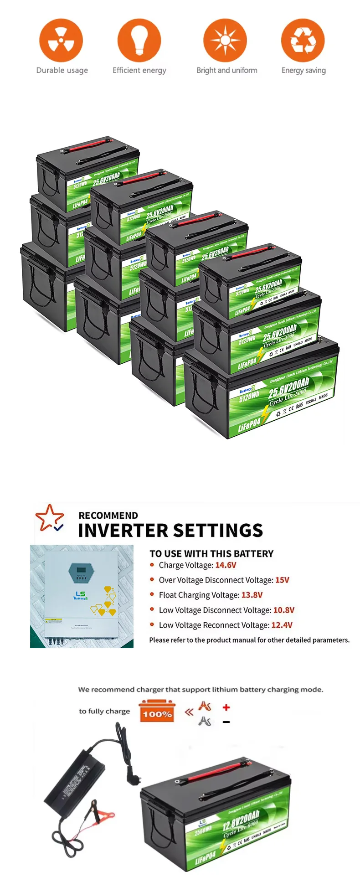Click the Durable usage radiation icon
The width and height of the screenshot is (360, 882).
point(61,40)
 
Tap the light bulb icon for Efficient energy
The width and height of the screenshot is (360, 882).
point(139,40)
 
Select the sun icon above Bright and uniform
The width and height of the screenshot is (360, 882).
point(225,40)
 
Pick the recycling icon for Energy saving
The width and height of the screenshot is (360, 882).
point(303,40)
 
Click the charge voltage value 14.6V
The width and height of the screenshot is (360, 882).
point(226,565)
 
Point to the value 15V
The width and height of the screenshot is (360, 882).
point(282,580)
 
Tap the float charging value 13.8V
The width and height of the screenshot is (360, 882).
point(252,595)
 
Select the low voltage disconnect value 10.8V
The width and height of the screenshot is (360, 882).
point(283,610)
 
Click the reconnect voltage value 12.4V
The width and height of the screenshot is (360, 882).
point(282,625)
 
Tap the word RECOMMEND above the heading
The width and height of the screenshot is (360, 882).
point(108,516)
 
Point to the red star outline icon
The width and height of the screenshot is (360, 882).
point(49,517)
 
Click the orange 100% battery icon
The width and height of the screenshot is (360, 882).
point(157,711)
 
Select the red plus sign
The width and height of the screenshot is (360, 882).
point(226,707)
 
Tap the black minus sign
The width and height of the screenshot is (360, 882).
point(226,722)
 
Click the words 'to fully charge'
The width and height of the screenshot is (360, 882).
point(104,711)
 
